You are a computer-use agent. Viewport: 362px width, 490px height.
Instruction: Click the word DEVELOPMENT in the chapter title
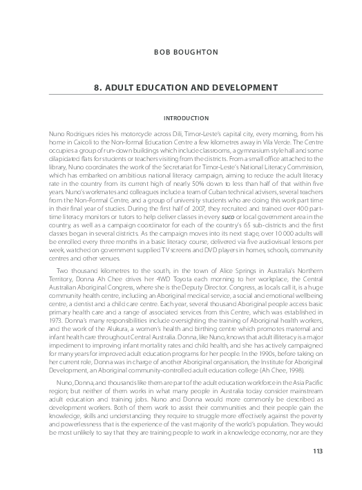(x=231, y=88)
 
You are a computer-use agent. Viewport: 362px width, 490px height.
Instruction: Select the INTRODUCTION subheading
(x=180, y=118)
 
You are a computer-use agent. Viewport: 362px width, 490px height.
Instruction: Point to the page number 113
(x=318, y=471)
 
